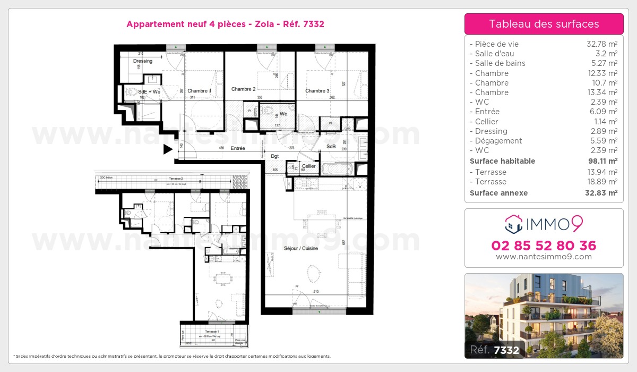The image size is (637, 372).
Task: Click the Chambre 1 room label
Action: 199,91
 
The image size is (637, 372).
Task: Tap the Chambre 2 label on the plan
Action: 244,89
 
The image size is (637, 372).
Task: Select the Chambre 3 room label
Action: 317,91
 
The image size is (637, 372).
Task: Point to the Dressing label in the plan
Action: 143,61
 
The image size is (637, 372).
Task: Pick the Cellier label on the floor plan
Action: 309,166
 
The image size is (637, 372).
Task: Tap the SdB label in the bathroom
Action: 331,146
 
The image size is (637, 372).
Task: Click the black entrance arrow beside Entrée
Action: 168,150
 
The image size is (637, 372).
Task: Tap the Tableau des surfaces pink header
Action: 544,24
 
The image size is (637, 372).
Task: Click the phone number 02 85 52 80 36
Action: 544,246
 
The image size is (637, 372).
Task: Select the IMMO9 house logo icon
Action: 514,224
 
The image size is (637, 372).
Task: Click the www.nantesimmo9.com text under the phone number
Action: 544,257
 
